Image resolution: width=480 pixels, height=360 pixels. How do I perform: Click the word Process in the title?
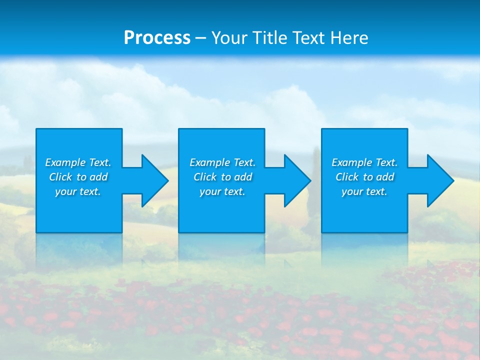[x=157, y=38]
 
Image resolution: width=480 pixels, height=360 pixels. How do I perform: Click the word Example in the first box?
[x=65, y=162]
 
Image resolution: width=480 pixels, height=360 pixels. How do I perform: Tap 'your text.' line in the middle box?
[x=222, y=191]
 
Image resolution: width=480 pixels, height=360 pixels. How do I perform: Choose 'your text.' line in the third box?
[x=364, y=191]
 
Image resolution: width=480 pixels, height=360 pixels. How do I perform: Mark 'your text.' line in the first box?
[x=78, y=191]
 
